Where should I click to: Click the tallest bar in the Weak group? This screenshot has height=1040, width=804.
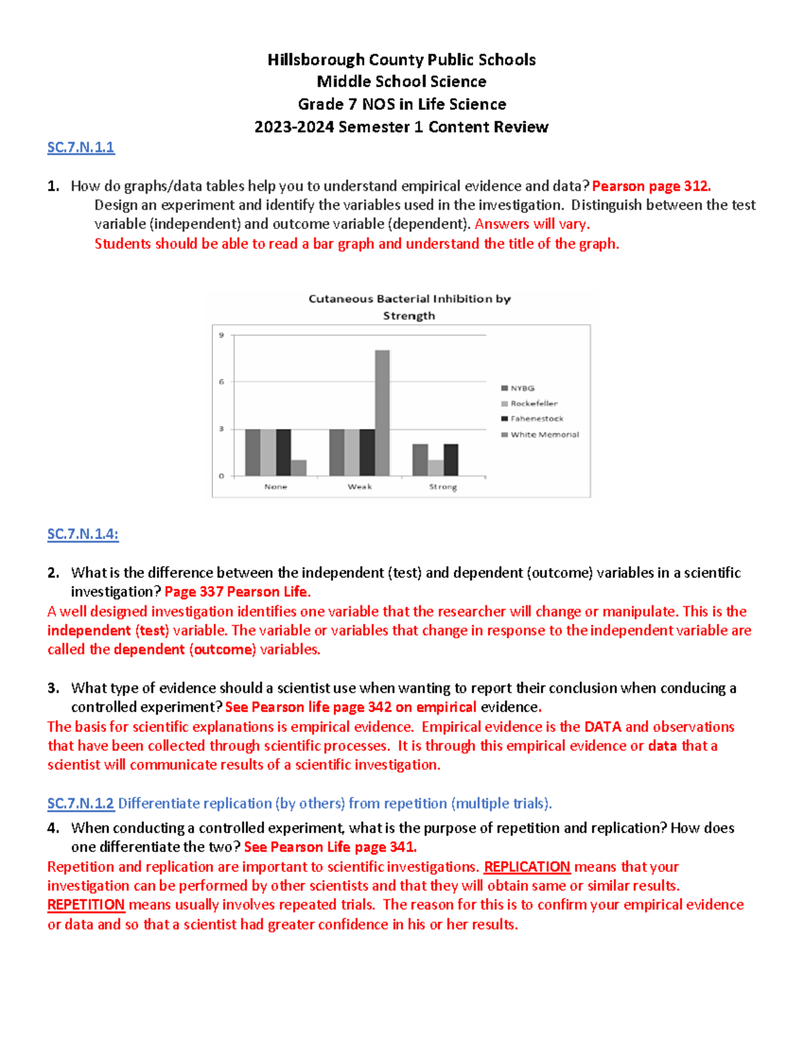(x=382, y=413)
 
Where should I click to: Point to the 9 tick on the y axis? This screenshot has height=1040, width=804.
(x=222, y=335)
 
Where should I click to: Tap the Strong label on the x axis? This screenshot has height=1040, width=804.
(x=443, y=487)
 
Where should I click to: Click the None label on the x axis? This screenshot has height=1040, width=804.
(x=275, y=487)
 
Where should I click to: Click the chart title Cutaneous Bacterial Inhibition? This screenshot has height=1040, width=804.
(x=409, y=299)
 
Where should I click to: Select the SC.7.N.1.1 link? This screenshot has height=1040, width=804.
(x=81, y=147)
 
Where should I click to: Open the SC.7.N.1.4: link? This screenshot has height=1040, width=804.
(x=83, y=534)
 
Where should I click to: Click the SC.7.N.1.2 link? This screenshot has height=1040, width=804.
(x=81, y=803)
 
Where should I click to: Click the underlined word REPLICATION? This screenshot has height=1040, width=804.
(x=527, y=867)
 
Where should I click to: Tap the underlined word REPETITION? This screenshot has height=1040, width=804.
(x=86, y=905)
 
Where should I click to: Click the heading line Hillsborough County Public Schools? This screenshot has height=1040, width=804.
(x=401, y=60)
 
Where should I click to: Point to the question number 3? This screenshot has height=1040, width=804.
(x=53, y=688)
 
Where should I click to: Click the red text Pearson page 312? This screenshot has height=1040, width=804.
(x=651, y=186)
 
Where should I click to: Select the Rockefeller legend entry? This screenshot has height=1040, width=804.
(x=533, y=404)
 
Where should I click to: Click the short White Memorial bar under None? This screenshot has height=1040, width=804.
(x=299, y=467)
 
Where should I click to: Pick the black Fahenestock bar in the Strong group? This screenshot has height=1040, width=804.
(x=451, y=459)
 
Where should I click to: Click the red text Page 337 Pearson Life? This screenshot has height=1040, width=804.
(x=237, y=592)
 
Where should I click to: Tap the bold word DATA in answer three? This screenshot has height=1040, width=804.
(x=602, y=727)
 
